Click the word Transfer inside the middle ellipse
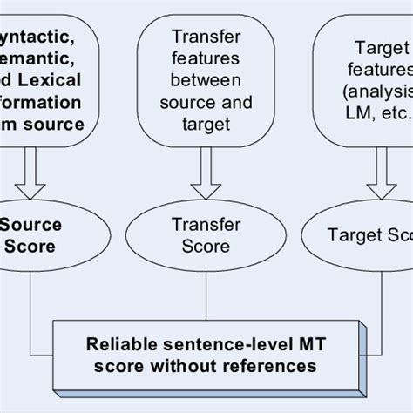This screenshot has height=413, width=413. tap(206, 223)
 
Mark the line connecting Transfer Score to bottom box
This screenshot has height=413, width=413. tap(206, 295)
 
